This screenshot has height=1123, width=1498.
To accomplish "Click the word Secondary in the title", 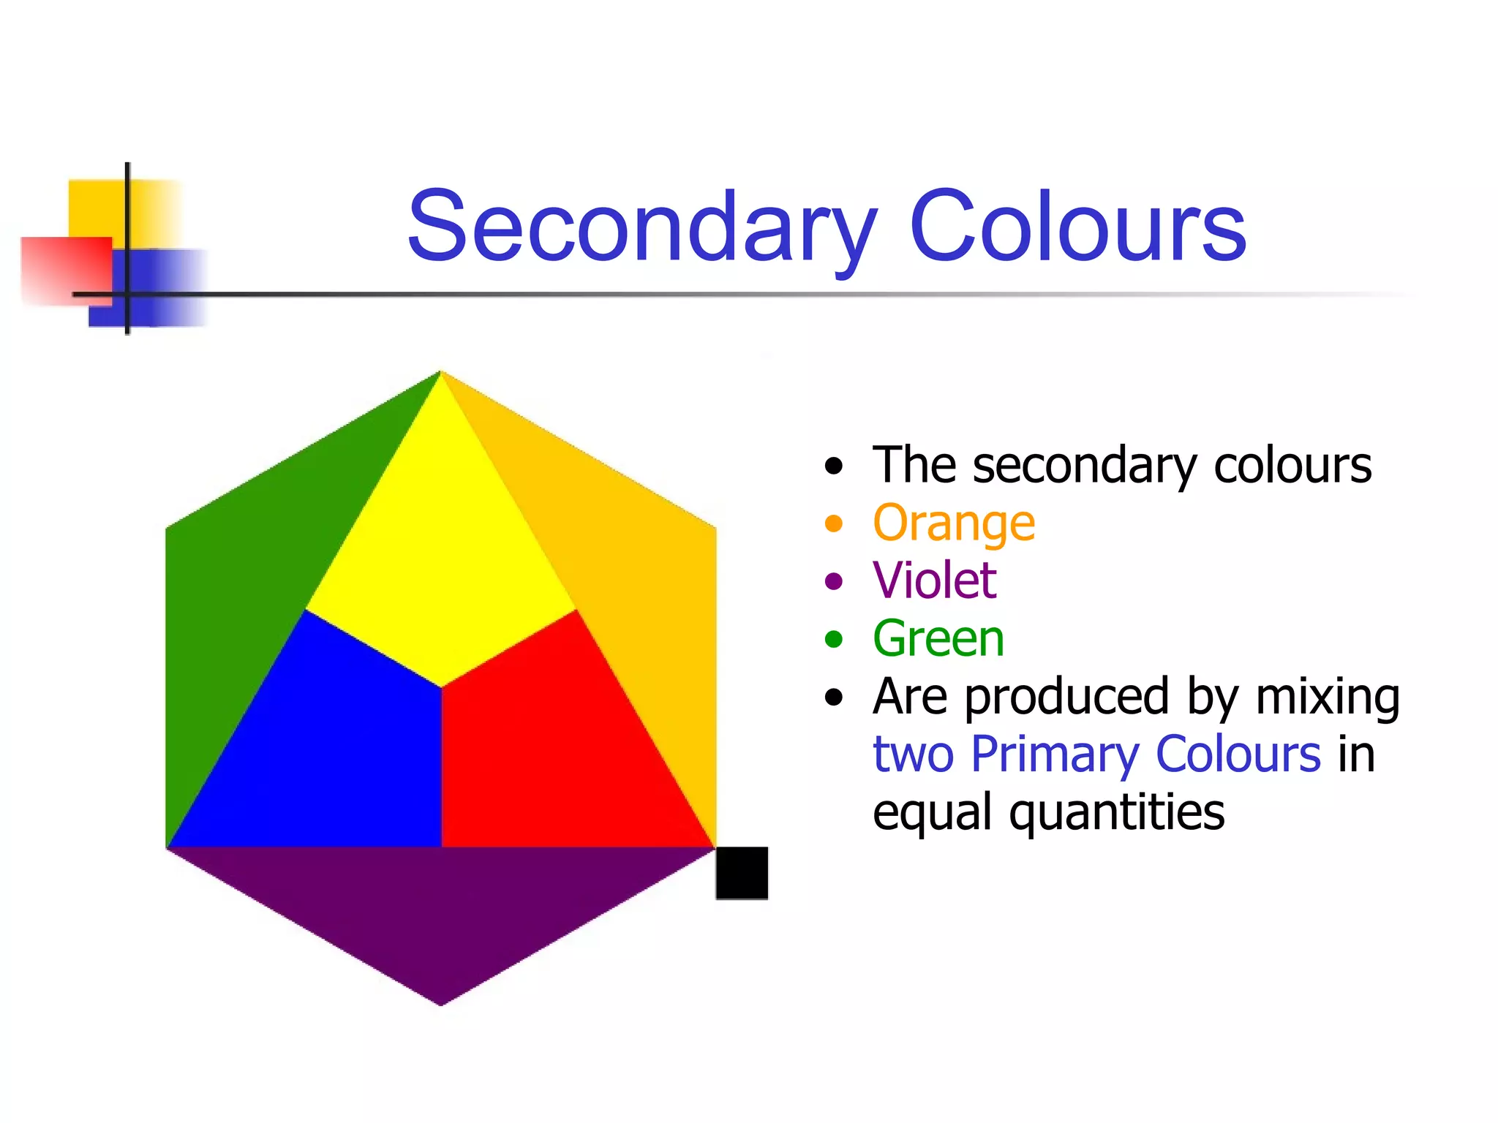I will pos(642,226).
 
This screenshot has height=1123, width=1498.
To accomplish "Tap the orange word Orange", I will pos(954,523).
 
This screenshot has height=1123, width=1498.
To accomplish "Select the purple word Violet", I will pos(935,581).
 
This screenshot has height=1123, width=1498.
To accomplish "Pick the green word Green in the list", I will pos(938,639).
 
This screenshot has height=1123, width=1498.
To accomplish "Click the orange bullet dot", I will pos(833,524).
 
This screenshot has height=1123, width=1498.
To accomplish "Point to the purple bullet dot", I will pos(833,582).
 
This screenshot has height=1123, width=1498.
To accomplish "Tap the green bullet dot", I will pos(833,640).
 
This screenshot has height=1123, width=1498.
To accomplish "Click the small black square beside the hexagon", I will pos(742,873).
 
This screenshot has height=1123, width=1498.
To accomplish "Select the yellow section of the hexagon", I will pos(441,556).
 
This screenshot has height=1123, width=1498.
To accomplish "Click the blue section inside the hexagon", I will pos(336,753).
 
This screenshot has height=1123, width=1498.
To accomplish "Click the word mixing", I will pos(1328,697).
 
